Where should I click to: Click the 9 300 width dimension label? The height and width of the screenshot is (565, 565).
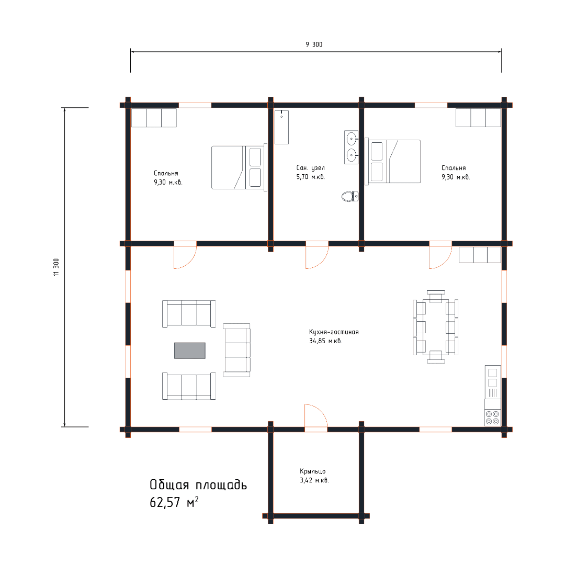tap(314, 44)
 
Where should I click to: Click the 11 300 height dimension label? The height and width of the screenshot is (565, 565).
tap(56, 267)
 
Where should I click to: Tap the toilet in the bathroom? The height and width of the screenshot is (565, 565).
tap(350, 196)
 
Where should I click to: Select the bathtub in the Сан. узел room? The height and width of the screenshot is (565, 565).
tap(281, 127)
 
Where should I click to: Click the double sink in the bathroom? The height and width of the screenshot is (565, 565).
tap(352, 147)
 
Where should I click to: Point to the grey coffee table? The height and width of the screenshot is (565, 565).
tap(190, 351)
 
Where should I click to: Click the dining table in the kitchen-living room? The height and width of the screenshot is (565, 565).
tap(436, 327)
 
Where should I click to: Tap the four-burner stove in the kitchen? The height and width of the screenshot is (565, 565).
tap(493, 417)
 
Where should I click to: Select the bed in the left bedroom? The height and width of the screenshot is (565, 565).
tap(239, 167)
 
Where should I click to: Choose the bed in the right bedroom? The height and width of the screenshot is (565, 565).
tap(392, 162)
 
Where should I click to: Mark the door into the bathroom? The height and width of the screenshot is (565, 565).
tap(317, 255)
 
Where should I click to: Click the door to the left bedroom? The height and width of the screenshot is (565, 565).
tap(185, 255)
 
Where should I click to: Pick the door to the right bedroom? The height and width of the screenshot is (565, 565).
tap(440, 255)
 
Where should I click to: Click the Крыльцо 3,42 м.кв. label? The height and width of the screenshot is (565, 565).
tap(314, 476)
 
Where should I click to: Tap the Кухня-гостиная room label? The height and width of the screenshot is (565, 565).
tap(334, 332)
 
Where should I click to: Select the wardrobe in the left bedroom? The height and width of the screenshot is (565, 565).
tap(154, 118)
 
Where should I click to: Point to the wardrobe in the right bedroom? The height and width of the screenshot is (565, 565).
tap(478, 118)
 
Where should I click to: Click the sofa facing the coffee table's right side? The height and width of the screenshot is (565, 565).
tap(236, 350)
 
